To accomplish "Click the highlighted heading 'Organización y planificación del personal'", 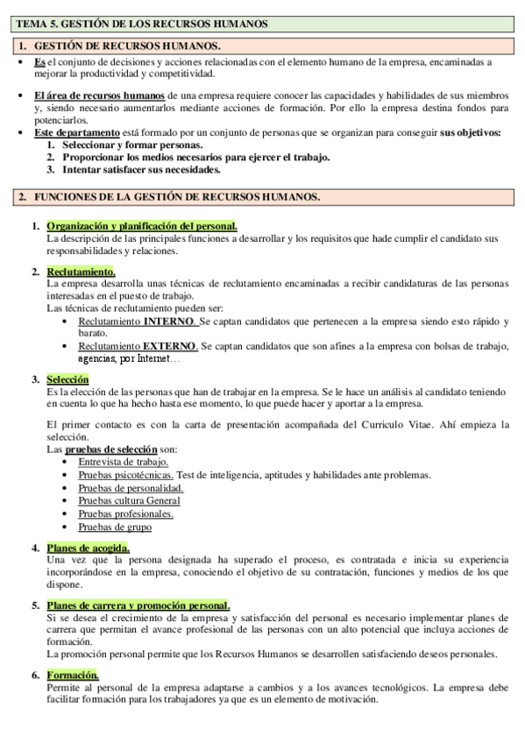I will (141, 226).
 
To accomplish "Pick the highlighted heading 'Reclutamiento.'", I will (81, 272).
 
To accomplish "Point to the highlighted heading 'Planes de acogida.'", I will (93, 548).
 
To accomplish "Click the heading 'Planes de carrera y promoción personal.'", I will (138, 605).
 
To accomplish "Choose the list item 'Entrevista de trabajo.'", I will (123, 462).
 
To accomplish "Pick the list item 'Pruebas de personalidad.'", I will (131, 488).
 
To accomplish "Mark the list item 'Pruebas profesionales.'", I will (125, 514).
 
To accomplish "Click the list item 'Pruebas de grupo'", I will (115, 527).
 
